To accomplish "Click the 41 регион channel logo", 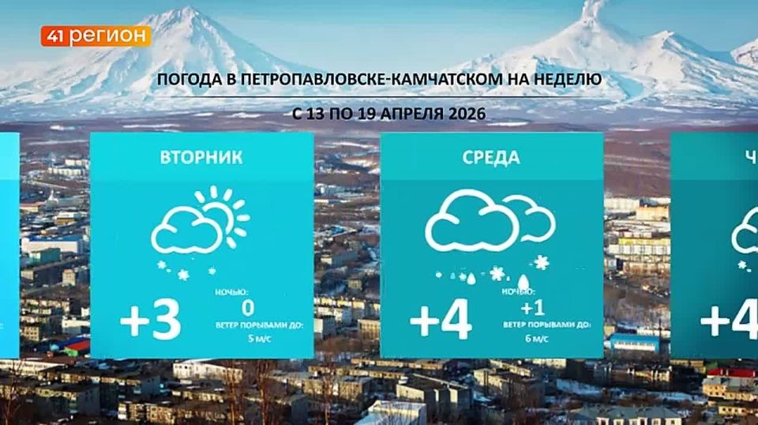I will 95,36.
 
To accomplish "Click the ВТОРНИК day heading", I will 201,157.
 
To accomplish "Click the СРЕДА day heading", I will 491,157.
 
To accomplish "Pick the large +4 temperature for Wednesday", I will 441,322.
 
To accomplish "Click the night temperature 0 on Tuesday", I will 248,307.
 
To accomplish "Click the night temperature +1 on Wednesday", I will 535,307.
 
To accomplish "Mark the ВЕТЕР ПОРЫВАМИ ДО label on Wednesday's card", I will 545,324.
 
